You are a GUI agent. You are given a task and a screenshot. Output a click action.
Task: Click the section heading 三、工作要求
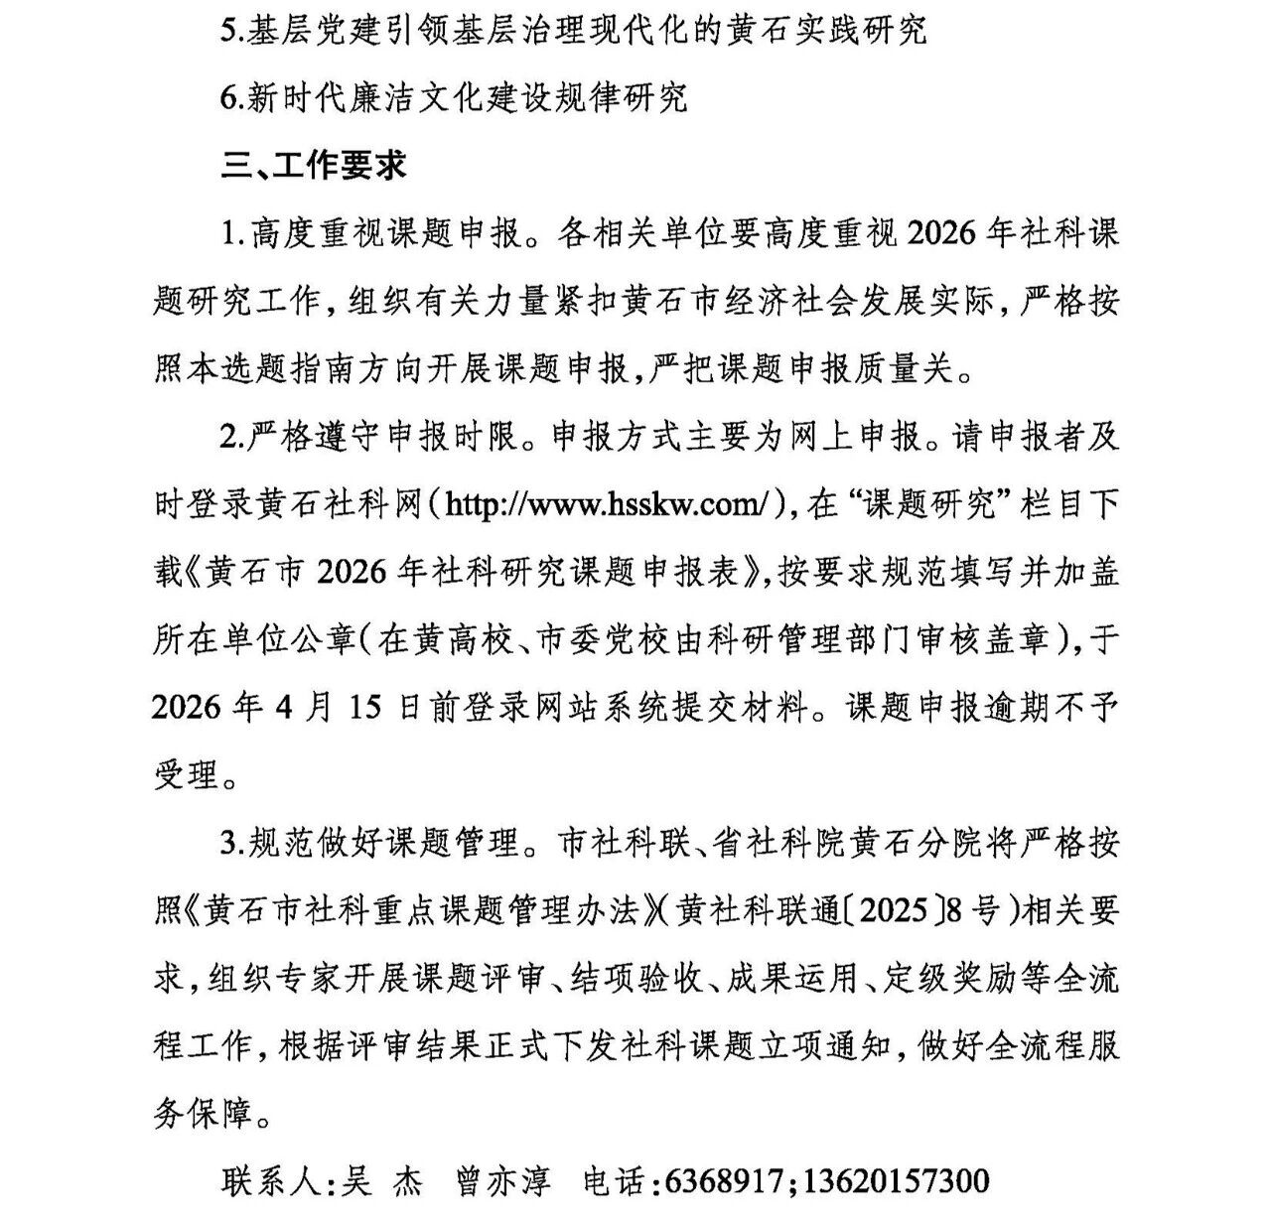click(314, 166)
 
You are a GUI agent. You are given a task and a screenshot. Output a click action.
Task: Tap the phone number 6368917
click(727, 1181)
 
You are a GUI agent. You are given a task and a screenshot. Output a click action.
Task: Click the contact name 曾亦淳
click(502, 1181)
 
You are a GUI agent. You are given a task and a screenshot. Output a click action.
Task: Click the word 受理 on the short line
click(186, 775)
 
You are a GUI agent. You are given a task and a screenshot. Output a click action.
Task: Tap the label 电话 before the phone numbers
click(615, 1181)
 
